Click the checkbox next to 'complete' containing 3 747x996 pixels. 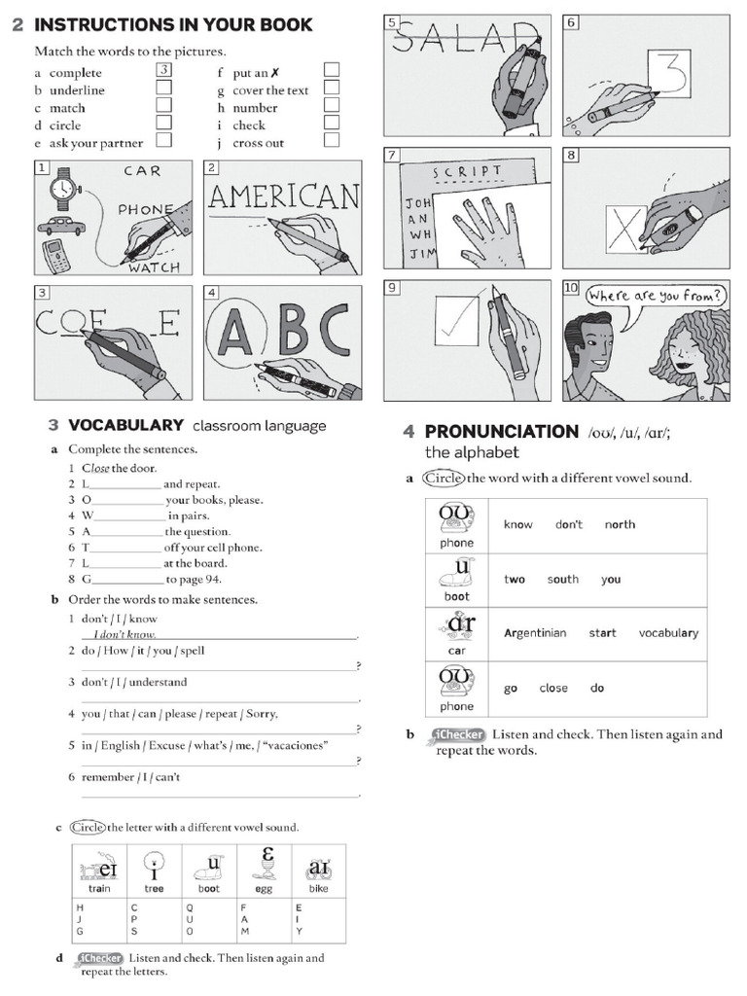tap(164, 70)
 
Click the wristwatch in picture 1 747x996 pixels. tap(63, 186)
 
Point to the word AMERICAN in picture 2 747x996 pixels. tap(283, 197)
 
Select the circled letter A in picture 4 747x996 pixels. tap(234, 331)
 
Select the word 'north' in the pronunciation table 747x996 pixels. tap(620, 524)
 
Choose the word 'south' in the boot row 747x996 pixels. tap(562, 579)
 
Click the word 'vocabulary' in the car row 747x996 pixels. tap(668, 633)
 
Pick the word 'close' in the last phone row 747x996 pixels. tap(553, 688)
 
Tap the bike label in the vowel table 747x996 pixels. tap(319, 888)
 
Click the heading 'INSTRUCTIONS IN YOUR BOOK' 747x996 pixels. tap(174, 24)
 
